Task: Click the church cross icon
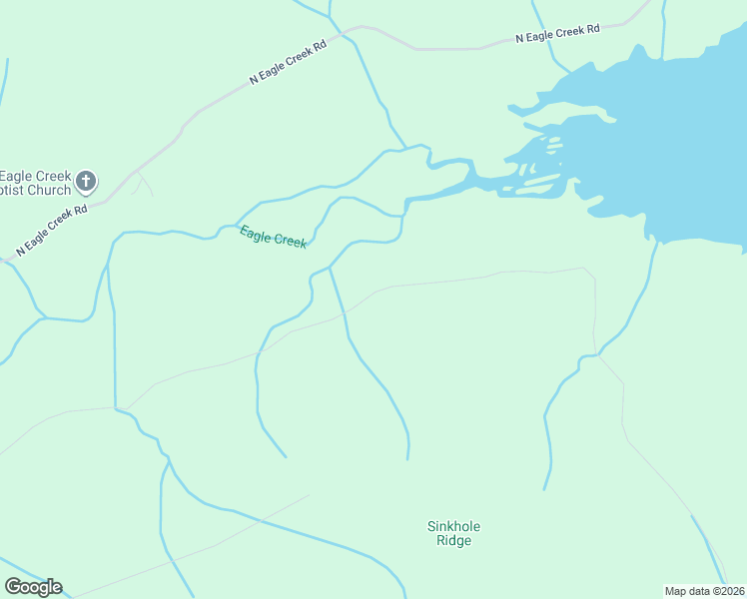[86, 181]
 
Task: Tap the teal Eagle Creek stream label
[273, 238]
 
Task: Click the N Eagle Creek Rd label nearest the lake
[557, 33]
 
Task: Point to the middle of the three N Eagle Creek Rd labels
[288, 63]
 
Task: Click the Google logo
[33, 587]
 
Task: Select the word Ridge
[453, 541]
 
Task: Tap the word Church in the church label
[50, 190]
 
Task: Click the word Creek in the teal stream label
[289, 241]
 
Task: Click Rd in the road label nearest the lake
[593, 29]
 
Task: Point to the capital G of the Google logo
[13, 586]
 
